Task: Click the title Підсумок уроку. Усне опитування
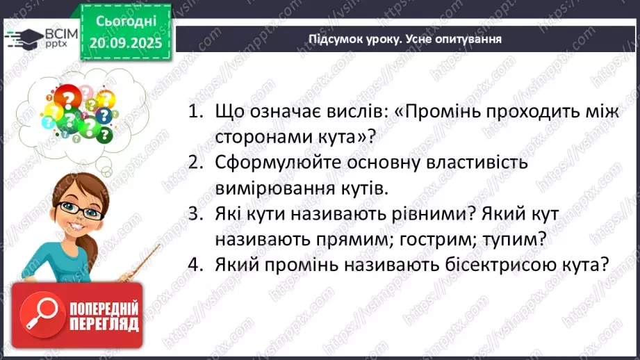tap(405, 39)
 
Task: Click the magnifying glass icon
tap(40, 314)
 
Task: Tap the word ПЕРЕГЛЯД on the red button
tap(104, 324)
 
